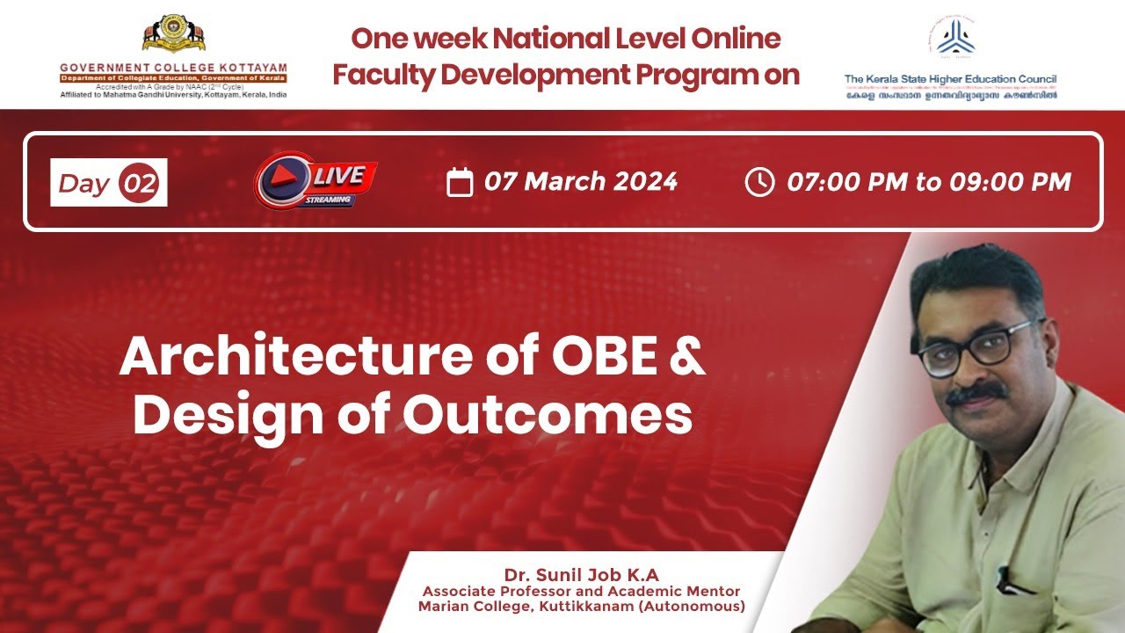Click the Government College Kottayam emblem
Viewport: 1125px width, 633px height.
pyautogui.click(x=174, y=34)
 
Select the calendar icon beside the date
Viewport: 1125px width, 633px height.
pyautogui.click(x=460, y=182)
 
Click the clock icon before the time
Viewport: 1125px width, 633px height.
pyautogui.click(x=759, y=182)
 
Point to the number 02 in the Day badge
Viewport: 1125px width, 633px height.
pyautogui.click(x=141, y=183)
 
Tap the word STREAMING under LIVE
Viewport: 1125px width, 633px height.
pyautogui.click(x=329, y=200)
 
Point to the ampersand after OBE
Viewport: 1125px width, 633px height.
pyautogui.click(x=686, y=358)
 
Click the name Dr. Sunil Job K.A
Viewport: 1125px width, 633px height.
pyautogui.click(x=581, y=576)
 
